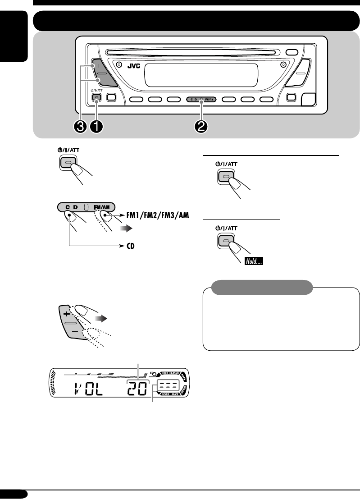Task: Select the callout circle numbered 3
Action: tap(81, 127)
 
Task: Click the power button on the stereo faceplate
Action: tap(96, 97)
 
